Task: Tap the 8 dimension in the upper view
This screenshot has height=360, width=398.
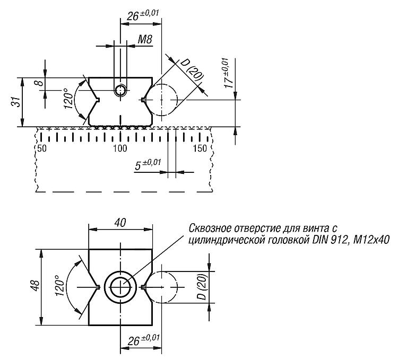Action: pyautogui.click(x=40, y=83)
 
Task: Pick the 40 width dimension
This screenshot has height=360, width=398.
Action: pyautogui.click(x=120, y=223)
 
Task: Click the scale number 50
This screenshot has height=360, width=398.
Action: pyautogui.click(x=42, y=148)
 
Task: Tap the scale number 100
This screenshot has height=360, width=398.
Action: pyautogui.click(x=120, y=148)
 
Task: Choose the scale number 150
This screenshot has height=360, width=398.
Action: pyautogui.click(x=200, y=148)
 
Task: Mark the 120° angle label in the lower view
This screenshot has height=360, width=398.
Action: pyautogui.click(x=59, y=285)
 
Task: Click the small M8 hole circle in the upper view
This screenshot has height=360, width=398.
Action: pyautogui.click(x=120, y=90)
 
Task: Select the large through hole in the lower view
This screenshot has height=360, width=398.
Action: pyautogui.click(x=120, y=287)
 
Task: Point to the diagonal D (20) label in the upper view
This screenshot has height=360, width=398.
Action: pyautogui.click(x=192, y=71)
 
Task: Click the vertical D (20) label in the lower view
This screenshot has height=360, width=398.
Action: pyautogui.click(x=203, y=286)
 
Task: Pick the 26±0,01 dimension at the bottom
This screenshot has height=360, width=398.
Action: pyautogui.click(x=143, y=340)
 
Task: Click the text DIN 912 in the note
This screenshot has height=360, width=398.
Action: pyautogui.click(x=328, y=240)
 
